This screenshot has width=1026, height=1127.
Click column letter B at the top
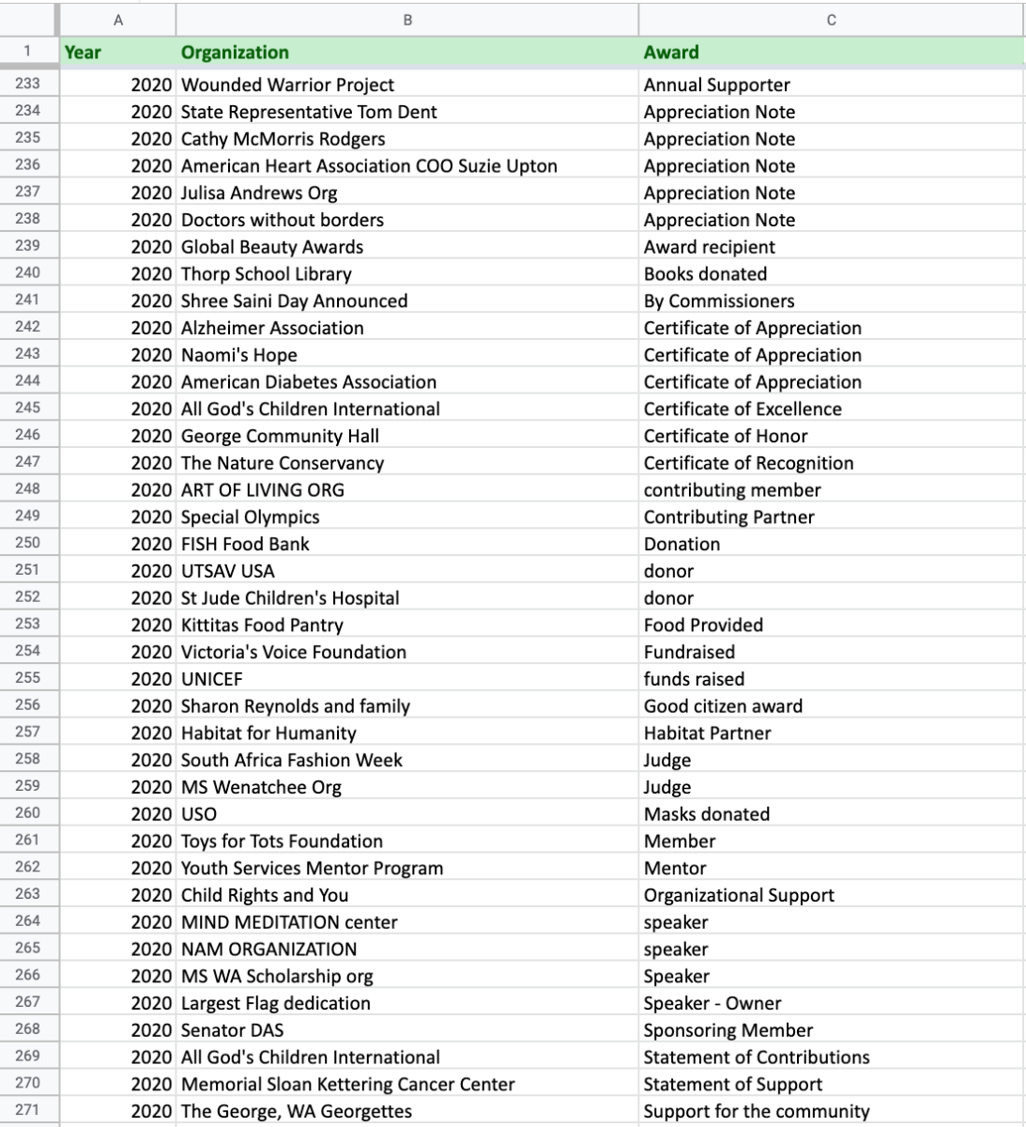click(x=406, y=20)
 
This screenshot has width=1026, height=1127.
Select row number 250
click(x=27, y=543)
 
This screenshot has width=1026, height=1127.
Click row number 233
click(x=27, y=83)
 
